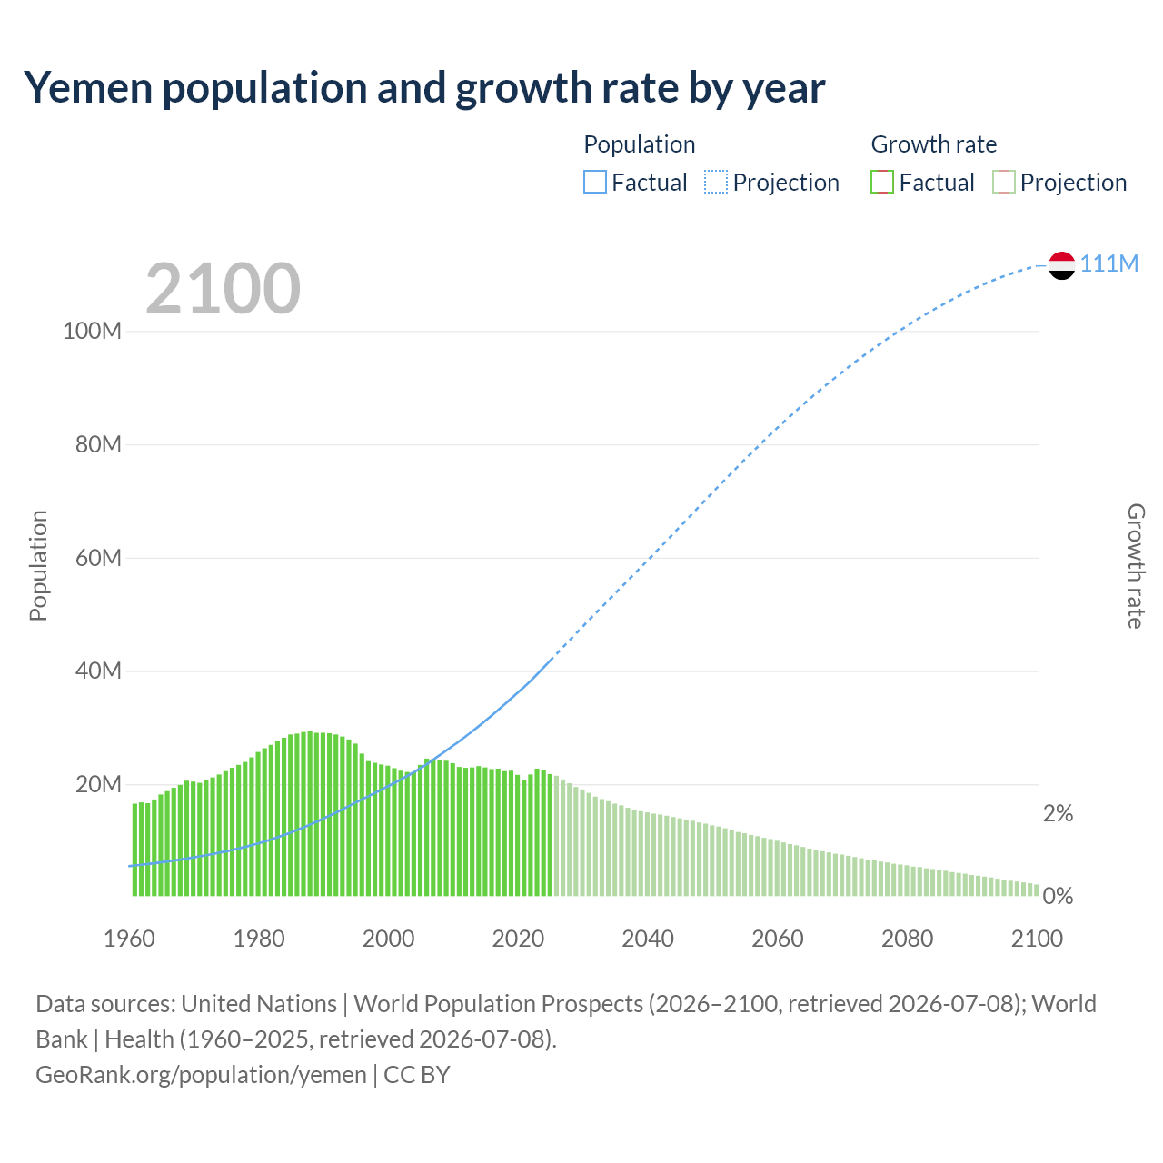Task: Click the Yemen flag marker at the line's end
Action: [x=1061, y=265]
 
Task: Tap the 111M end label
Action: [x=1108, y=263]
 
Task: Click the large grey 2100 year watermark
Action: [x=223, y=287]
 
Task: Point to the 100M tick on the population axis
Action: [x=93, y=331]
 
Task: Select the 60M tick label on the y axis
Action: [x=98, y=558]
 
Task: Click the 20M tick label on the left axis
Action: [x=98, y=784]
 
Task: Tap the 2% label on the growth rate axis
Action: [x=1058, y=813]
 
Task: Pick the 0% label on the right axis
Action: [x=1058, y=896]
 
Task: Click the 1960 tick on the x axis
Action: [x=129, y=939]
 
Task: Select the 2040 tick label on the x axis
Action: [x=648, y=939]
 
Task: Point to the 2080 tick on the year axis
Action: [x=907, y=939]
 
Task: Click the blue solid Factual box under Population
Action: [x=594, y=183]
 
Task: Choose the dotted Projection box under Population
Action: [x=716, y=183]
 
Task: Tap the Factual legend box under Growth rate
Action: [x=881, y=183]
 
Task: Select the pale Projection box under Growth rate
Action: [x=1003, y=183]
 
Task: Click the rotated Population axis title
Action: [x=39, y=565]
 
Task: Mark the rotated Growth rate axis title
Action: [x=1136, y=566]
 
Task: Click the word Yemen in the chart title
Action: [x=88, y=87]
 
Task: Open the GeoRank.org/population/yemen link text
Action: [x=201, y=1075]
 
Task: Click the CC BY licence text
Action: [x=417, y=1075]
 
